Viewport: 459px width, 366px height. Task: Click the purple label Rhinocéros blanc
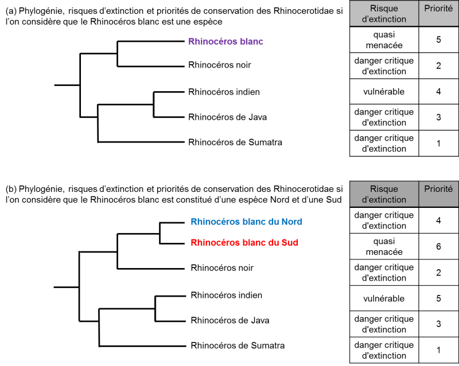pyautogui.click(x=225, y=41)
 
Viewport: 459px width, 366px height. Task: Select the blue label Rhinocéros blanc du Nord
pyautogui.click(x=246, y=222)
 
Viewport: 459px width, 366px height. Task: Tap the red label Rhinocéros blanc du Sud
pyautogui.click(x=244, y=243)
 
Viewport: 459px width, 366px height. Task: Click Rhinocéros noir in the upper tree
pyautogui.click(x=220, y=65)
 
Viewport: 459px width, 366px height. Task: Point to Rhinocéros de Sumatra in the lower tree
pyautogui.click(x=238, y=345)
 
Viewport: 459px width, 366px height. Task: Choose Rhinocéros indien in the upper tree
pyautogui.click(x=224, y=92)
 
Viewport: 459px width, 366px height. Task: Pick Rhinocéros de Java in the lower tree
pyautogui.click(x=230, y=320)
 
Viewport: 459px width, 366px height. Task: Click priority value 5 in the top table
pyautogui.click(x=438, y=40)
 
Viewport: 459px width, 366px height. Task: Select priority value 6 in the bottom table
pyautogui.click(x=438, y=246)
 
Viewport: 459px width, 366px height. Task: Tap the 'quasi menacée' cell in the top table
pyautogui.click(x=384, y=40)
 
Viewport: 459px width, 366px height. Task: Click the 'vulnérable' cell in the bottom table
pyautogui.click(x=384, y=298)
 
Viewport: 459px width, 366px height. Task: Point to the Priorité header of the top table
pyautogui.click(x=438, y=9)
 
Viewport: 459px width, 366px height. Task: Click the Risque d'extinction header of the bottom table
pyautogui.click(x=384, y=194)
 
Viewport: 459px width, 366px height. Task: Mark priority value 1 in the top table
pyautogui.click(x=438, y=144)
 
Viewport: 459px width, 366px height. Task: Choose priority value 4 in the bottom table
pyautogui.click(x=438, y=221)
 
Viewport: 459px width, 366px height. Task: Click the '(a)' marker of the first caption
pyautogui.click(x=11, y=11)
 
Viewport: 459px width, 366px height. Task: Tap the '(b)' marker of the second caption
pyautogui.click(x=11, y=189)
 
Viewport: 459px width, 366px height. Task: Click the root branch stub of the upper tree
pyautogui.click(x=67, y=85)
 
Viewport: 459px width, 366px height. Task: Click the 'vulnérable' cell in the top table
pyautogui.click(x=384, y=92)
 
